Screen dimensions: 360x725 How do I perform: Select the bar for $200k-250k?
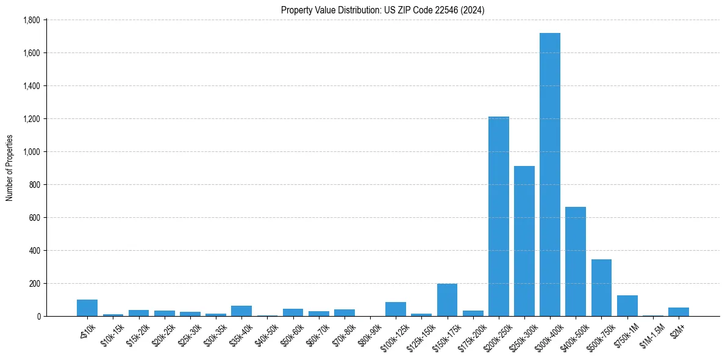(x=498, y=216)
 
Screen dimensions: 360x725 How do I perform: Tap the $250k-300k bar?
(x=524, y=241)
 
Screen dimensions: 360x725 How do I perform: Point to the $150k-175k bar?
(x=447, y=300)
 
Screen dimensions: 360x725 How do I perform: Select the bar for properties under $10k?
(x=87, y=308)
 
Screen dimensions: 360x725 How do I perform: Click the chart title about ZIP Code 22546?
(x=382, y=10)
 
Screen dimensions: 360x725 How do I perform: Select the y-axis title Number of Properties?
(x=10, y=168)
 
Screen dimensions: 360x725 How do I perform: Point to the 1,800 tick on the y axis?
(x=31, y=20)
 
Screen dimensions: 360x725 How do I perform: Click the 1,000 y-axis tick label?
(x=31, y=152)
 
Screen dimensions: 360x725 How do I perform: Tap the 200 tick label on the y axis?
(x=34, y=284)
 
